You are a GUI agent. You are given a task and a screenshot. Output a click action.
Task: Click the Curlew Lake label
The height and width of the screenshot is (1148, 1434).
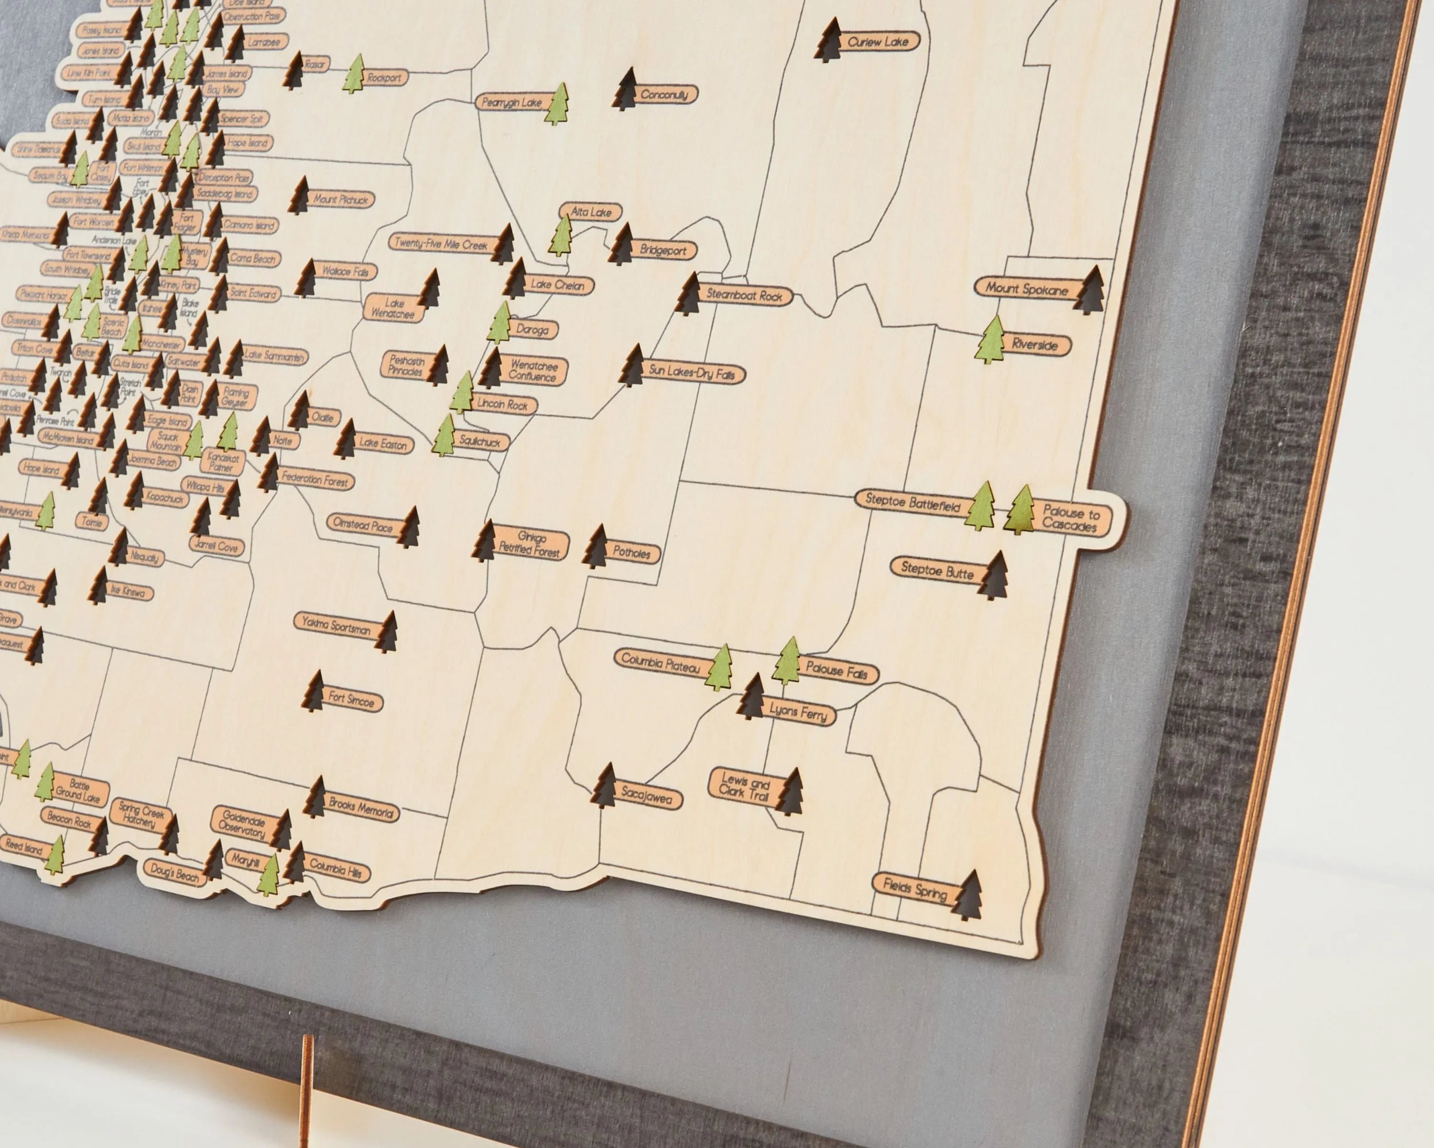[878, 42]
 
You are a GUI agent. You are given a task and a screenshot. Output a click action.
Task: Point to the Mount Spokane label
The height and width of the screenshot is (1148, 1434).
[1026, 289]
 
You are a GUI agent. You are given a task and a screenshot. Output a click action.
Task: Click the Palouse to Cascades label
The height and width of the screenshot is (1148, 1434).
[1069, 519]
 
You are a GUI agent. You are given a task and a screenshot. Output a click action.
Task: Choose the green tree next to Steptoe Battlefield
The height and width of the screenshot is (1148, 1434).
[980, 507]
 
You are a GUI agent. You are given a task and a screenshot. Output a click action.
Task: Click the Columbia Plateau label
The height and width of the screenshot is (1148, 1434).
[661, 662]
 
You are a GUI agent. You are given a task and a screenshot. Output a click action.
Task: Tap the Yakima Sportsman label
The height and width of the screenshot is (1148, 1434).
[336, 626]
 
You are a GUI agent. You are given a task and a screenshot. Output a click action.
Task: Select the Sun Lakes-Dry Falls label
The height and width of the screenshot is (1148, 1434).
[692, 374]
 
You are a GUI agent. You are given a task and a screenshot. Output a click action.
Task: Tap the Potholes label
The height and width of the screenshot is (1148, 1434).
[631, 552]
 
